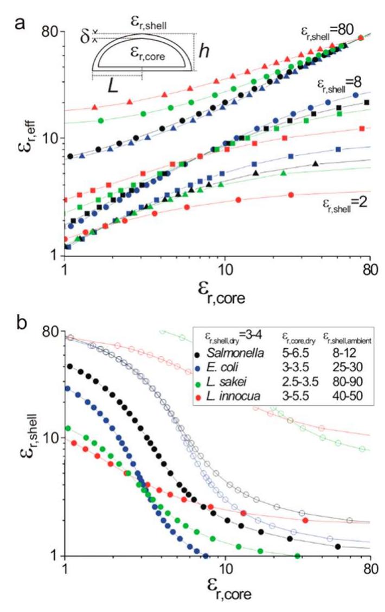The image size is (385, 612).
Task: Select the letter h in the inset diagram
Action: [203, 52]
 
